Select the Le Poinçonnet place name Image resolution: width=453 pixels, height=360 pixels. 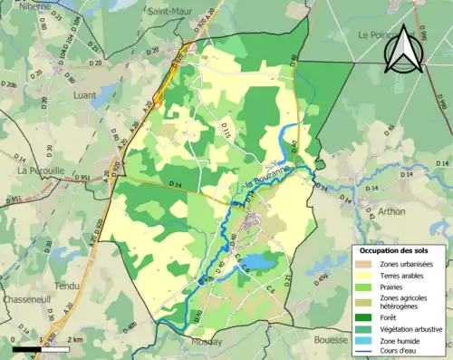pyautogui.click(x=385, y=34)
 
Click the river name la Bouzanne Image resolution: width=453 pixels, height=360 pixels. pyautogui.click(x=265, y=179)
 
